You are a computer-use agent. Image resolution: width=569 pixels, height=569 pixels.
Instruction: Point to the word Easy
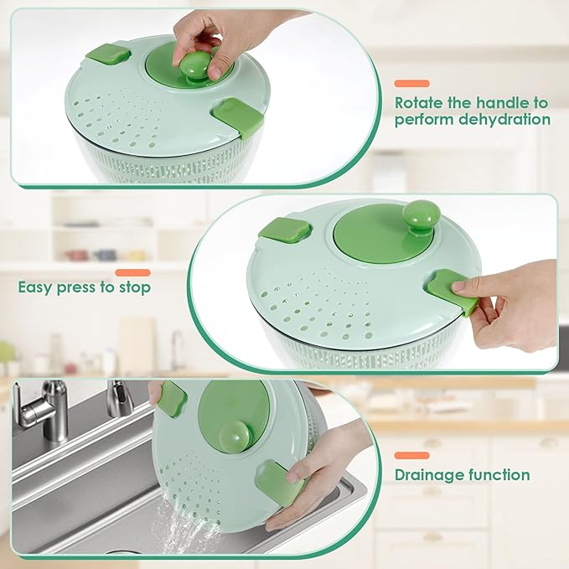pos(35,288)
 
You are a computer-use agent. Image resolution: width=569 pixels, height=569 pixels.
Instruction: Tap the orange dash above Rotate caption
pos(411,84)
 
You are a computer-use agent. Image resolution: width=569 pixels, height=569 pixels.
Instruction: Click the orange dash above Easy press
pos(132,272)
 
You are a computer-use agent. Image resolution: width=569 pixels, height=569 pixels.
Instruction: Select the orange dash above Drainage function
pos(411,455)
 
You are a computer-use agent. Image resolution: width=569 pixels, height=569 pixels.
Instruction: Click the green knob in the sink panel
pos(235,439)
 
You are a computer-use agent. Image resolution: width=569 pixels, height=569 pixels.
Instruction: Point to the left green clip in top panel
pos(108,54)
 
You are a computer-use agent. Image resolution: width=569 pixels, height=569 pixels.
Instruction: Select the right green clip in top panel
pos(238,116)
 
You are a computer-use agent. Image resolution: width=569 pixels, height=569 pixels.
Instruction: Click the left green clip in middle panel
pos(286,230)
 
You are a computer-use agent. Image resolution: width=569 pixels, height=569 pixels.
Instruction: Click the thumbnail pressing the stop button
pos(458,287)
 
